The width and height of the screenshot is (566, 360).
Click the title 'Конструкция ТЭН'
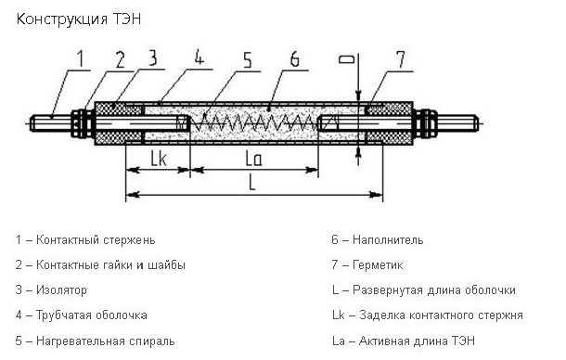tap(79, 19)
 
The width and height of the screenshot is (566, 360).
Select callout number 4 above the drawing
tap(199, 57)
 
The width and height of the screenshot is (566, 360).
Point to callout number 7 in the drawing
tap(401, 58)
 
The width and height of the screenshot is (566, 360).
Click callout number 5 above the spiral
tap(247, 59)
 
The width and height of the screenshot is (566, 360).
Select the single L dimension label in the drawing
tap(252, 183)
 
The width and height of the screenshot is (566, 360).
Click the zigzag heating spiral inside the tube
tap(253, 122)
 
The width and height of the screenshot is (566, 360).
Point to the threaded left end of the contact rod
tap(50, 123)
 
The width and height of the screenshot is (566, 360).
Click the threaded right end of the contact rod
tap(458, 123)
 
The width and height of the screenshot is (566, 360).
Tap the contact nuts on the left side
tap(83, 123)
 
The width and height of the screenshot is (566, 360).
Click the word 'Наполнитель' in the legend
tap(388, 239)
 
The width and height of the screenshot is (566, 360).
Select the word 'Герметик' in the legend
tap(378, 265)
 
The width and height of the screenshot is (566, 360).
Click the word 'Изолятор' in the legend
tap(61, 290)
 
